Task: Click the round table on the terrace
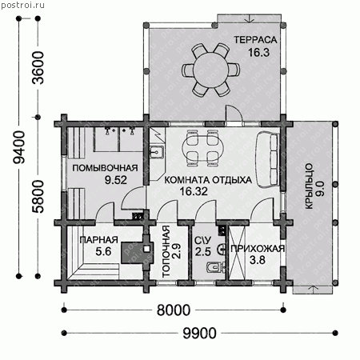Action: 210,70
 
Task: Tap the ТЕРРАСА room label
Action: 255,40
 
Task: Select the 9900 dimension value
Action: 199,334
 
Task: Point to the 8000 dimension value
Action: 174,310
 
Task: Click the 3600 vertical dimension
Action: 38,68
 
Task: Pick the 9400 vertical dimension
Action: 19,147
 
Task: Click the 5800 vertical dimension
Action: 38,197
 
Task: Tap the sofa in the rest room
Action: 268,159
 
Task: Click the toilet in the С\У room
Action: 215,267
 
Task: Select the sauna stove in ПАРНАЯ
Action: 137,253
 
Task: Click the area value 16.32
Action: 194,191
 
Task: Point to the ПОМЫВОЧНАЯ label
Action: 105,168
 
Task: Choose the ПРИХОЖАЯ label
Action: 258,249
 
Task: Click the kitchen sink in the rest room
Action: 156,152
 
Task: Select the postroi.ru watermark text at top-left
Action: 22,5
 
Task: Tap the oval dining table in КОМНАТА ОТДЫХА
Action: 202,148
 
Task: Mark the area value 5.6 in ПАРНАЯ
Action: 103,251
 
